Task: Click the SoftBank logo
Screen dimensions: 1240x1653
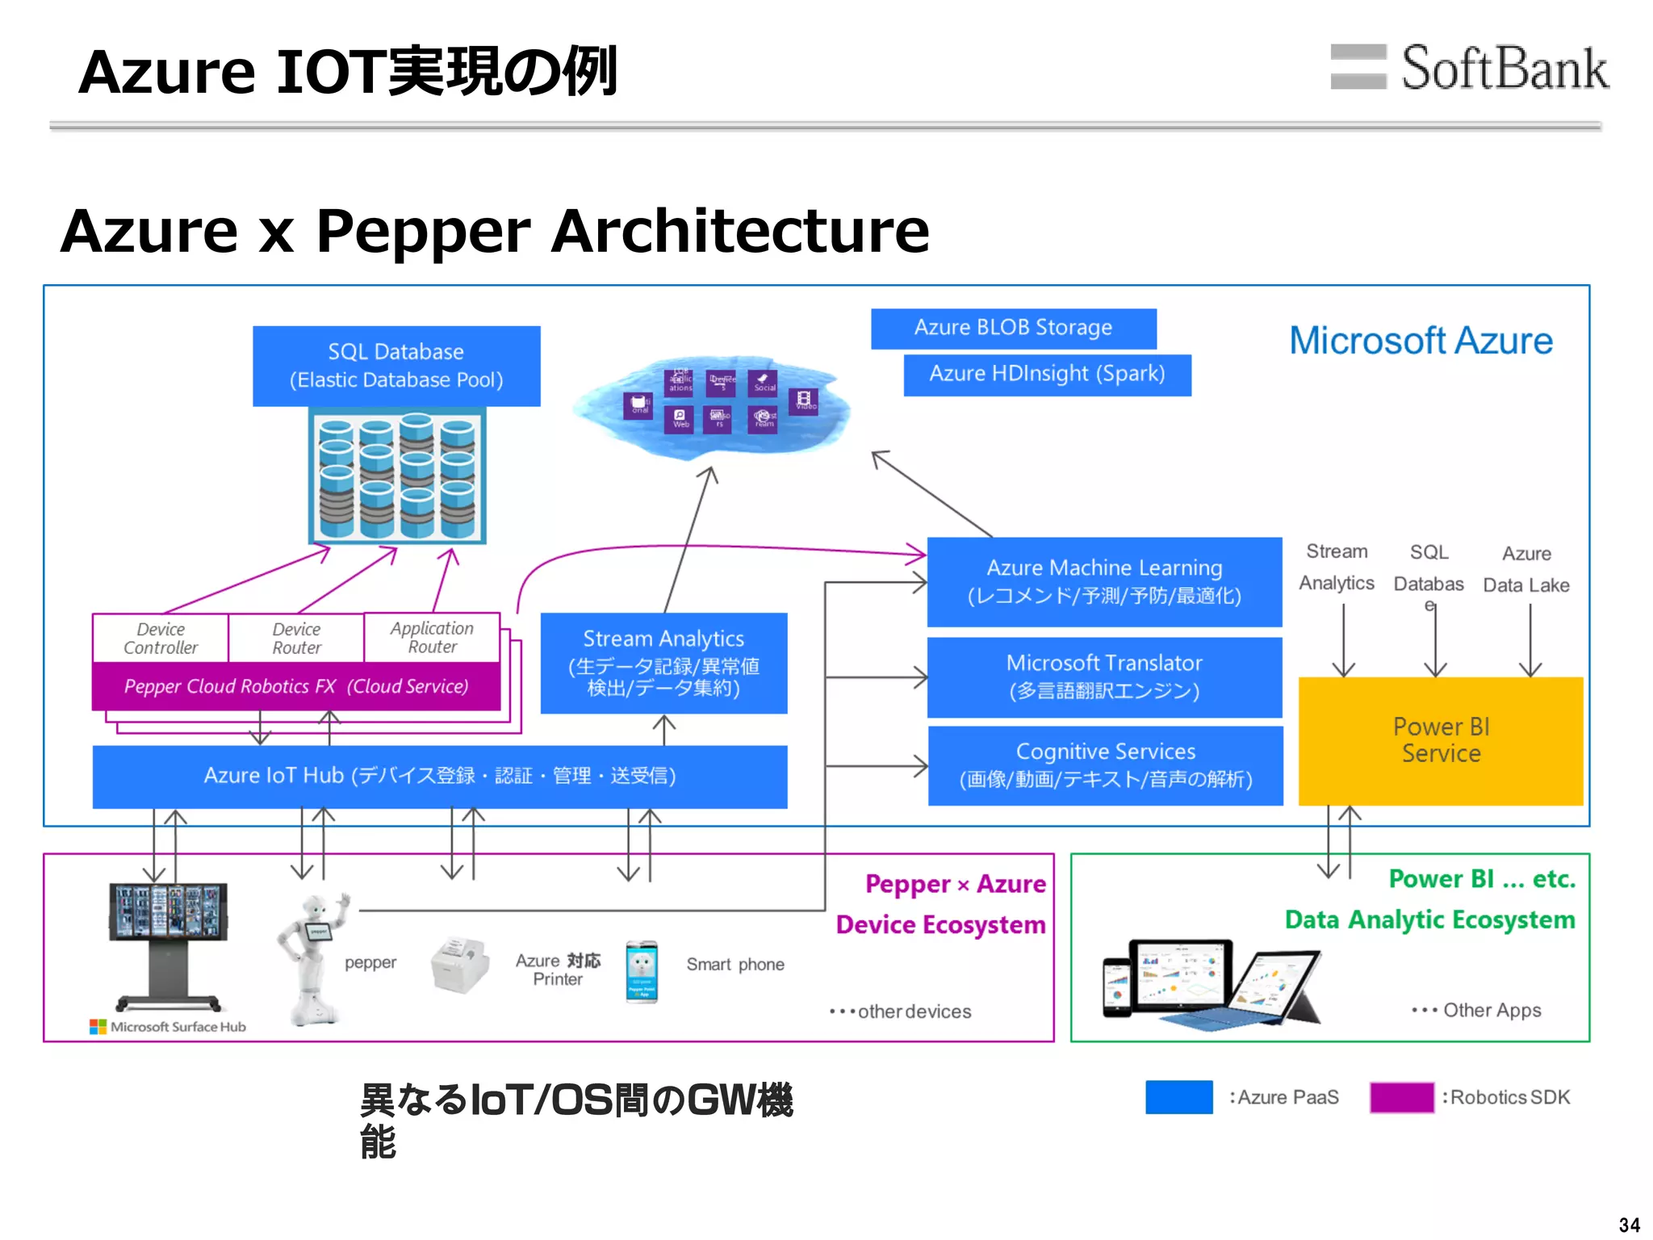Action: (1469, 68)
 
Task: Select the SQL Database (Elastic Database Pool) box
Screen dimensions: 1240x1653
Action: (396, 366)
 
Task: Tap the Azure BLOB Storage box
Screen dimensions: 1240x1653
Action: (1013, 328)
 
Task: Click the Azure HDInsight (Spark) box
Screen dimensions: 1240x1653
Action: (1047, 374)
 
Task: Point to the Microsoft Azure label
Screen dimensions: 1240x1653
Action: (1421, 341)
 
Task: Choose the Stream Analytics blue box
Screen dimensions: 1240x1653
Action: (663, 663)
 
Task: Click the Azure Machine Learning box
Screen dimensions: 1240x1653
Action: (1104, 581)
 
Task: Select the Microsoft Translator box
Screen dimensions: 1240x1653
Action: (1104, 677)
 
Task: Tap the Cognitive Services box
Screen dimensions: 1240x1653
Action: (1105, 765)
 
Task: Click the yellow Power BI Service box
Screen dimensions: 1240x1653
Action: (1441, 740)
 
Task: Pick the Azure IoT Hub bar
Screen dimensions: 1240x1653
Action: (440, 776)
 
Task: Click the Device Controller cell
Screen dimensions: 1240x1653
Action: (161, 638)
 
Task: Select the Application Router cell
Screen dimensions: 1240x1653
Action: (432, 637)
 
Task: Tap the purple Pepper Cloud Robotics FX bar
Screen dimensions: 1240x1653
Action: (296, 686)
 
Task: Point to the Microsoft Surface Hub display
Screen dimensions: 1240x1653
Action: (168, 912)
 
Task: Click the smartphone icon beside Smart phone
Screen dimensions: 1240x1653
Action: (642, 971)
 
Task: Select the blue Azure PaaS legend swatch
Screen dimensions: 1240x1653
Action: (1178, 1097)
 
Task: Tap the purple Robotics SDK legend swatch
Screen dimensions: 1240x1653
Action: (1401, 1097)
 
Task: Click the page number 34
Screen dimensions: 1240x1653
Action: (1629, 1225)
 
